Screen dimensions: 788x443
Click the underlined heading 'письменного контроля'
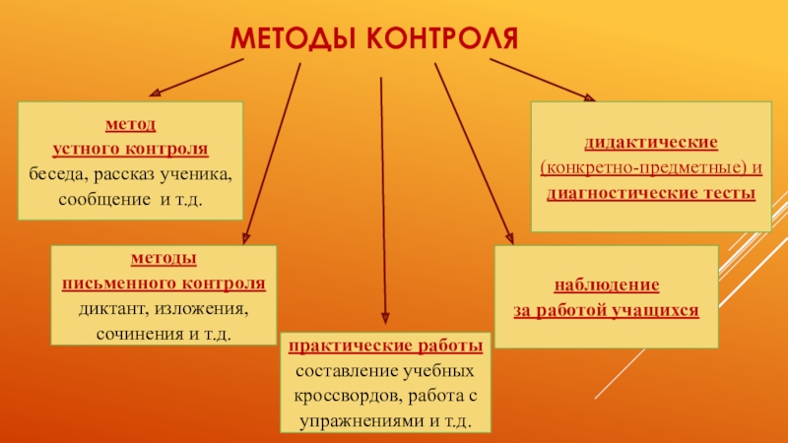click(x=164, y=283)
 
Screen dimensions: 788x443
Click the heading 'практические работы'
click(x=384, y=347)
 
